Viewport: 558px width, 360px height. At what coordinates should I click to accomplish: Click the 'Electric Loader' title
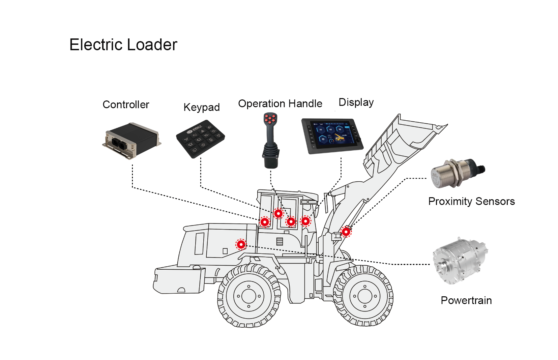tap(123, 45)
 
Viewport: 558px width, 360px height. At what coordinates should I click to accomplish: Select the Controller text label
tap(126, 105)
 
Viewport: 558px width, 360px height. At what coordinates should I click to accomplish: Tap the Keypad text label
tap(201, 107)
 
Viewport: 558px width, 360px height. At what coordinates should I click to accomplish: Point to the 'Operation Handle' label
tap(280, 103)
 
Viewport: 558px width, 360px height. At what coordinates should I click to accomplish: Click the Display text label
tap(356, 102)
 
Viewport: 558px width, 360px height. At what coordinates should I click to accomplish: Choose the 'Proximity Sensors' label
tap(471, 201)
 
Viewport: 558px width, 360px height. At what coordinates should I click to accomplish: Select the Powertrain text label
tap(466, 300)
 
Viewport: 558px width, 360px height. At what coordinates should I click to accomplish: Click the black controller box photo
tap(132, 140)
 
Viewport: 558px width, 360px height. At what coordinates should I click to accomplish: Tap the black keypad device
tap(200, 139)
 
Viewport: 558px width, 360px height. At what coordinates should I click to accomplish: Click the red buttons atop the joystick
tap(270, 119)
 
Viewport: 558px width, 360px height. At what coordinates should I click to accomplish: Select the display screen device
tap(332, 136)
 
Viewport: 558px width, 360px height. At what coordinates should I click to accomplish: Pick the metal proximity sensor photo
tap(457, 173)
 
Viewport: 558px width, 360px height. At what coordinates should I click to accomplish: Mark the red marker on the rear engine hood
tap(241, 244)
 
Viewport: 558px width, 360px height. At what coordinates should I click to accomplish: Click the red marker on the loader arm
tap(346, 232)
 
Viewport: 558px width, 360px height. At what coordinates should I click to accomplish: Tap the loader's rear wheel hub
tap(249, 296)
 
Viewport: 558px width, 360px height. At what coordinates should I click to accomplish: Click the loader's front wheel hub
tap(365, 296)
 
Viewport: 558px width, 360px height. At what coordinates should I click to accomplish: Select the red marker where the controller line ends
tap(265, 222)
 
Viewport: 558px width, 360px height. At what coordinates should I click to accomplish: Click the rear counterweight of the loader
tap(179, 280)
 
